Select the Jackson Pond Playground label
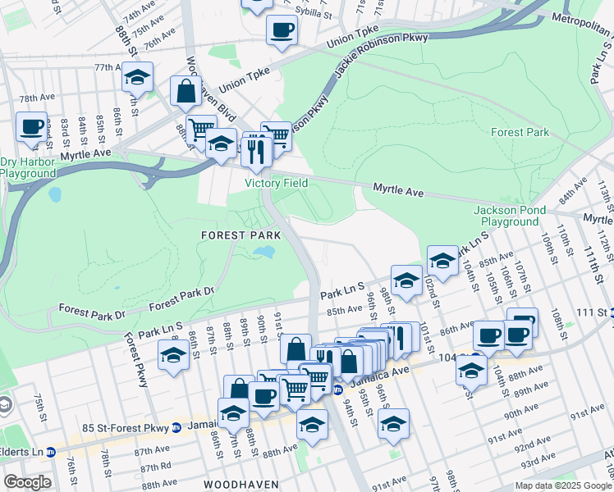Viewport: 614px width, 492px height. point(510,216)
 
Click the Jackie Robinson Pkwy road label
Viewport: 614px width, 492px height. point(369,66)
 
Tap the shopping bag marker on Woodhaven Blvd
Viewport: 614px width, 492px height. point(186,92)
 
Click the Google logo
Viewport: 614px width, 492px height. point(26,482)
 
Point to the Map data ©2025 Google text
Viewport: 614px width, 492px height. point(562,485)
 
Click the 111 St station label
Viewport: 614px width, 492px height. point(589,313)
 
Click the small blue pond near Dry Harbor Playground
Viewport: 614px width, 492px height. point(54,195)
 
